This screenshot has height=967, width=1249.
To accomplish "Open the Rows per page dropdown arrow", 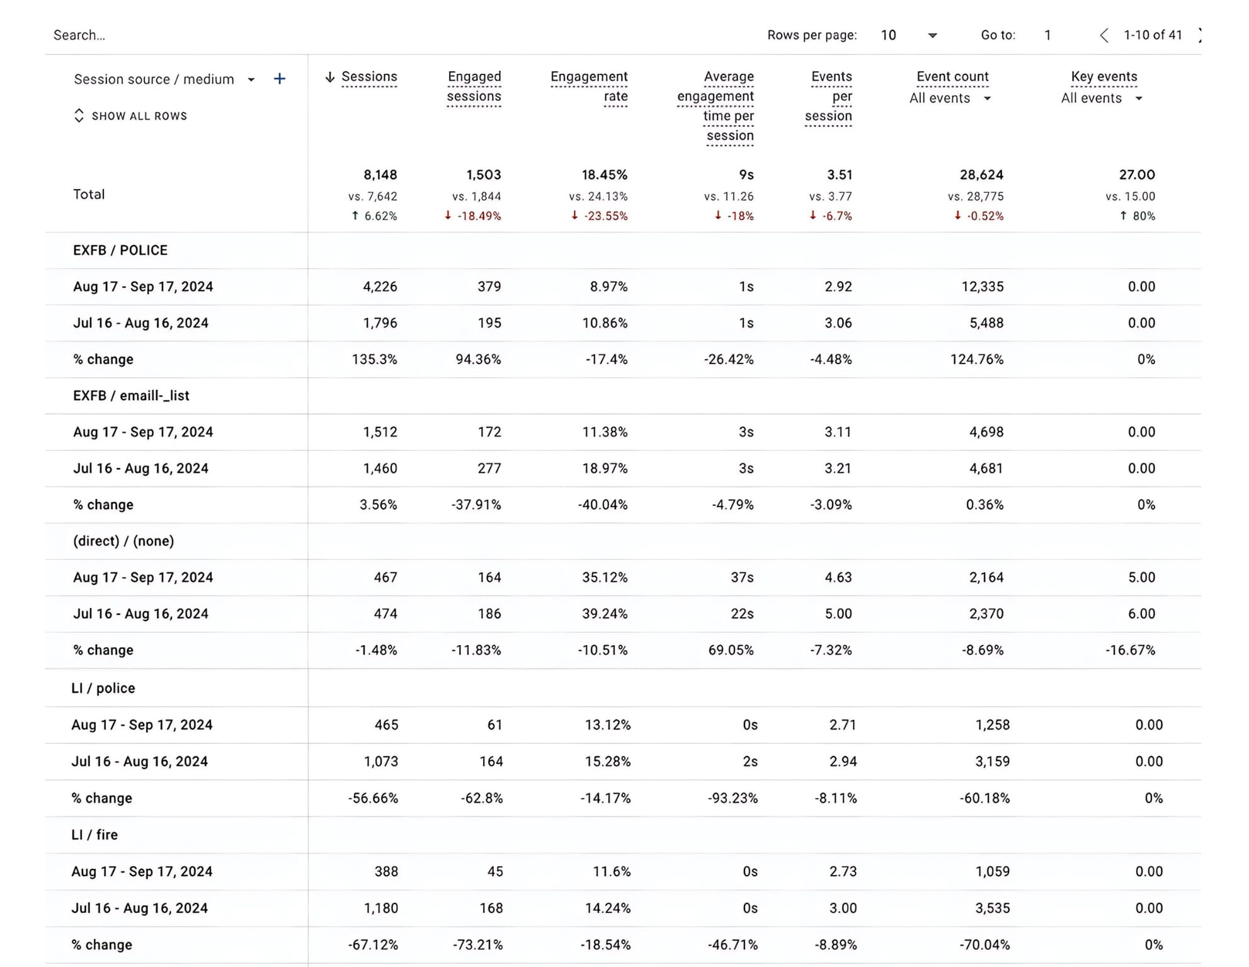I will coord(932,36).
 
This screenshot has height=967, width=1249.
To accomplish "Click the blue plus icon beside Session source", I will coord(280,79).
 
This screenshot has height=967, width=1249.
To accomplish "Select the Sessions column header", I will coord(368,77).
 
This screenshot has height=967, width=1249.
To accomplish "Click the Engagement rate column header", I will coord(589,86).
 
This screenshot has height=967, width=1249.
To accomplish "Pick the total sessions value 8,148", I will coord(380,175).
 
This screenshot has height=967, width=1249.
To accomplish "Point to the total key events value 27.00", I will coord(1136,175).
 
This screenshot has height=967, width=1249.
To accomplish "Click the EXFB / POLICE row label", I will coord(120,250).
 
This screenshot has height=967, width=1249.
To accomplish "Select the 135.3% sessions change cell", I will coord(374,359).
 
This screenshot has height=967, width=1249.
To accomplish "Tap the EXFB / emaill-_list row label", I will coord(131,396).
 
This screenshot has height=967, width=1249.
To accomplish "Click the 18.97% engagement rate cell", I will coord(604,468).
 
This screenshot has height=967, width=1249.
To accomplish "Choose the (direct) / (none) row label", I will coord(123,541).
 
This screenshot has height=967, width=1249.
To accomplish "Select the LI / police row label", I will coord(103,688).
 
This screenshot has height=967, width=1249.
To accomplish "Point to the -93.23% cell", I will coord(732,798).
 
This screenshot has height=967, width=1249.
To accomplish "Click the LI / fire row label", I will coord(94,835).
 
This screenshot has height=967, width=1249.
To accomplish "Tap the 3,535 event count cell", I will coord(992,908).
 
